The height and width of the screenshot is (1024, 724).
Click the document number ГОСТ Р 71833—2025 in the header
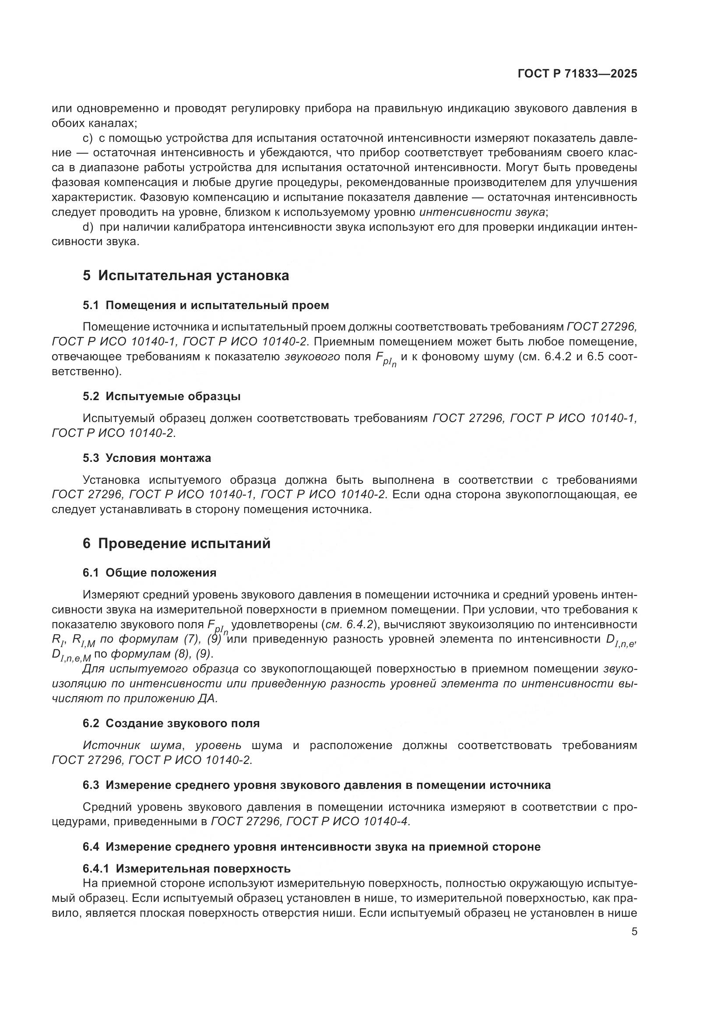point(577,74)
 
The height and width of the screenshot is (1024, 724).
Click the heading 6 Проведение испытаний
point(176,544)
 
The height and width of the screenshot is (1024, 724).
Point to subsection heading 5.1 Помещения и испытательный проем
point(206,306)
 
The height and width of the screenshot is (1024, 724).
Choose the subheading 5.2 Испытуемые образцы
point(162,397)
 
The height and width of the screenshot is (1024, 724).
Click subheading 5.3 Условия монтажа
point(147,458)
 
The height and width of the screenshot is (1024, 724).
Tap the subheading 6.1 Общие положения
point(149,573)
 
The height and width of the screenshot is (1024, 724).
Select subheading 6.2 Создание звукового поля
point(171,723)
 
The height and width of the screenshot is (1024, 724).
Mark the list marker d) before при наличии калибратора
point(88,228)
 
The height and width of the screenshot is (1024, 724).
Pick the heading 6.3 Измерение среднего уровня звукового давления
point(316,785)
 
